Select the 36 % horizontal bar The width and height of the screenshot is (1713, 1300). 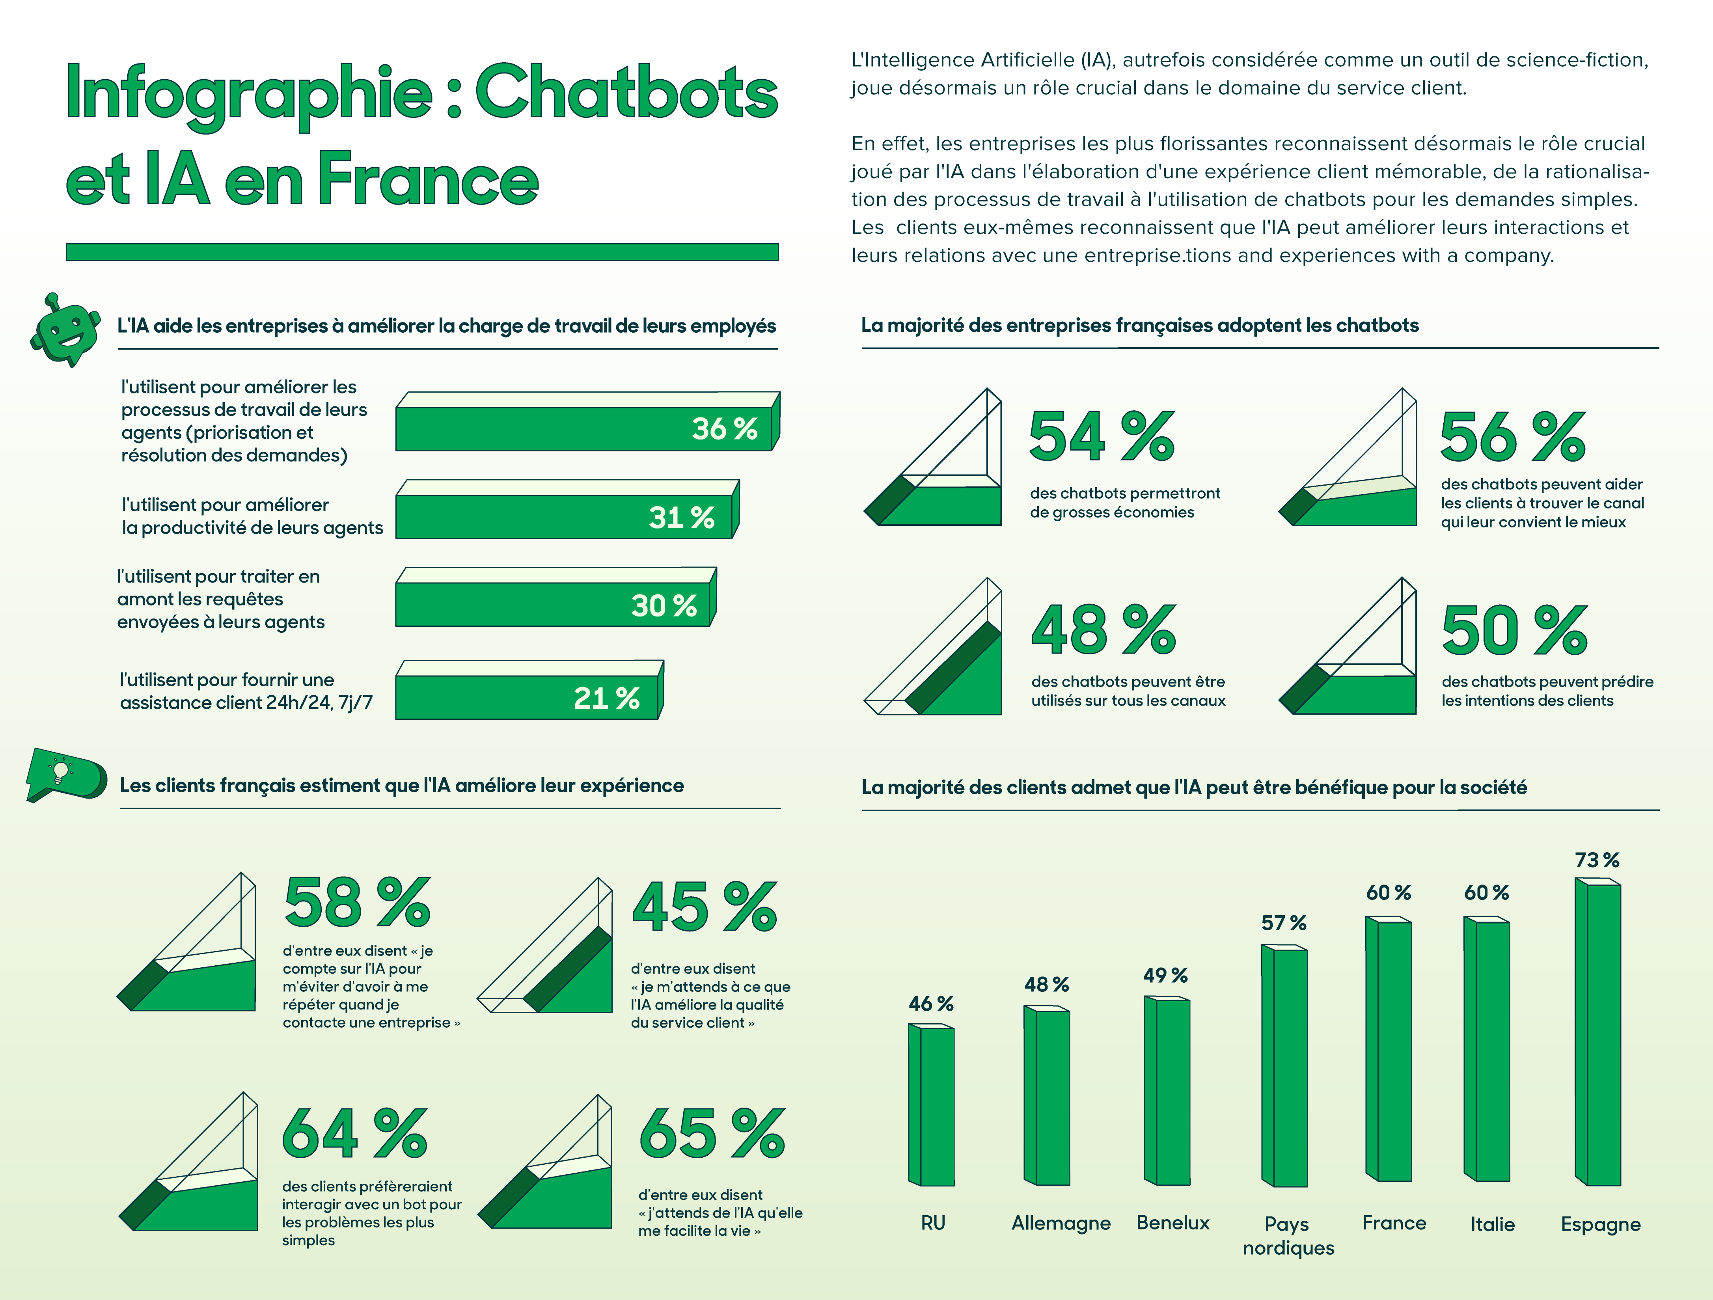click(585, 428)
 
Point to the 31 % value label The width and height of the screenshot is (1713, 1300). click(682, 517)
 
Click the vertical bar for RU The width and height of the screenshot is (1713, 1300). click(933, 1106)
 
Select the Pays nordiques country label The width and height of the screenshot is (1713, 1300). click(1288, 1235)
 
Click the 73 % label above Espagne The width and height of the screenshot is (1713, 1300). click(1597, 860)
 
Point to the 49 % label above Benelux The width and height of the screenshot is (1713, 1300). click(1165, 976)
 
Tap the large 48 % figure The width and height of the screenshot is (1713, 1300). click(1103, 630)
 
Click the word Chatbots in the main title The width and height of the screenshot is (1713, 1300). click(626, 93)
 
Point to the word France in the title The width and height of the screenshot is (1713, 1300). click(427, 180)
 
